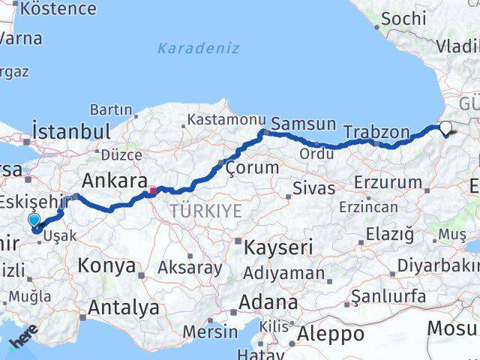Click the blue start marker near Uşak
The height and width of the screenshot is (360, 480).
(34, 219)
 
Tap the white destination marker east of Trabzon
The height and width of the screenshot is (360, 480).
(445, 128)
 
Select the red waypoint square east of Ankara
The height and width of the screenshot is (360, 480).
(153, 190)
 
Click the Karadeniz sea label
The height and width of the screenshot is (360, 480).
(198, 49)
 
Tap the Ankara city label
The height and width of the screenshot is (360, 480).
(114, 181)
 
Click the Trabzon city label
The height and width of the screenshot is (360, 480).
(376, 133)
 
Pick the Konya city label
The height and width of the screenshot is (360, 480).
(106, 266)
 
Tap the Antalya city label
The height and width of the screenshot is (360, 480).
(124, 307)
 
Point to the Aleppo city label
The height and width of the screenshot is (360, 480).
(331, 333)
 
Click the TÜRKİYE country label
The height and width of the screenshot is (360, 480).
(205, 211)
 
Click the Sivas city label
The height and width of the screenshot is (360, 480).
(313, 187)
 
